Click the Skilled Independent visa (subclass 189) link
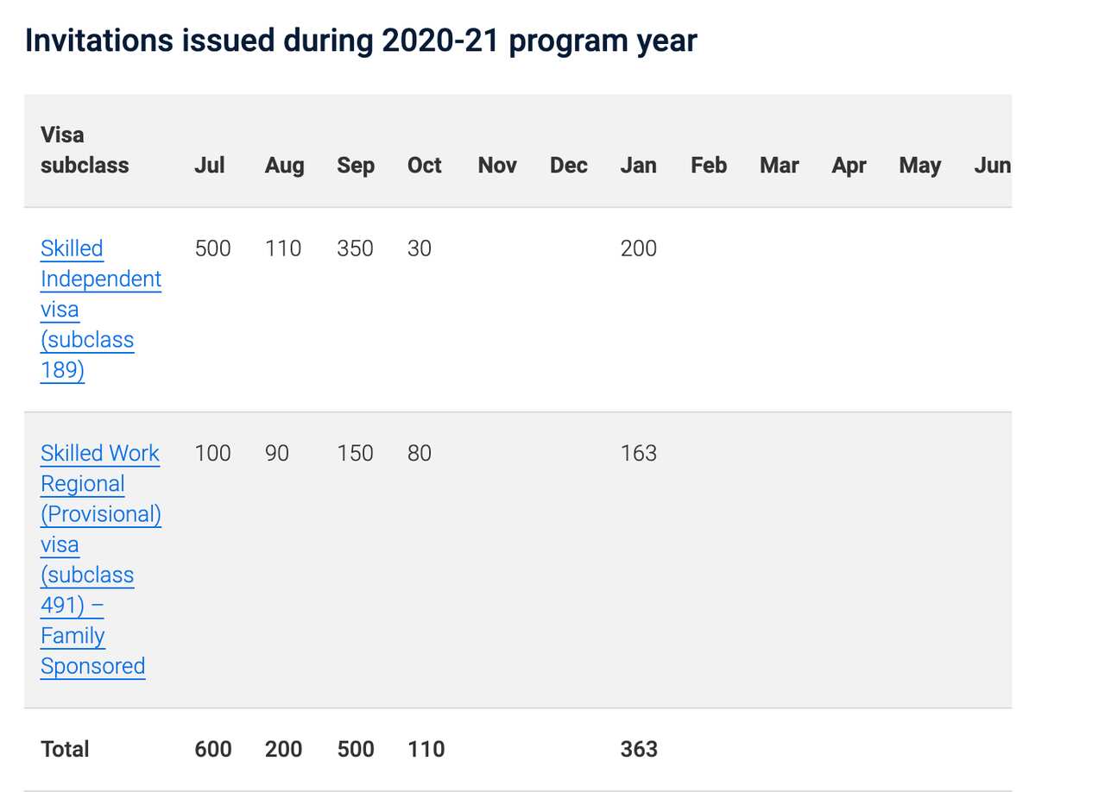100,309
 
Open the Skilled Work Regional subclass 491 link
100,559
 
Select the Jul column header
210,165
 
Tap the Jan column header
638,165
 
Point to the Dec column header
568,165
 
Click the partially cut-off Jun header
992,165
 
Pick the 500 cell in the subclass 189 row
212,248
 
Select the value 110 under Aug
283,248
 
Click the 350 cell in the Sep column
355,248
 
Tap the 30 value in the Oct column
419,248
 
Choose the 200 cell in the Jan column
638,248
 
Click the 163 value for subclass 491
638,453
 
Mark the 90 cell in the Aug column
276,453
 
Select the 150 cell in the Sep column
355,453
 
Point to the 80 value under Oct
419,453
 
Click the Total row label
65,749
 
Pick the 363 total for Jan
638,749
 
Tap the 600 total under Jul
212,749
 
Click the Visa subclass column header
84,150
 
